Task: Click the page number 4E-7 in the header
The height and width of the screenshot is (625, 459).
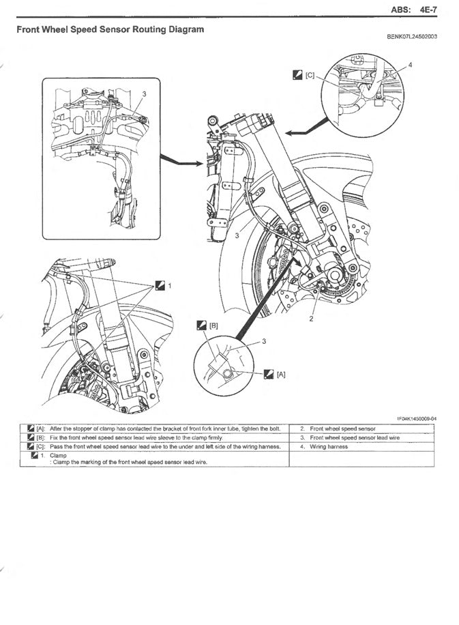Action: tap(428, 10)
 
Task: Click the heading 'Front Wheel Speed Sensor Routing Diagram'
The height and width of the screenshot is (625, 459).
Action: tap(110, 29)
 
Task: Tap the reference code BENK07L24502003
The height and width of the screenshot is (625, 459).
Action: tap(412, 37)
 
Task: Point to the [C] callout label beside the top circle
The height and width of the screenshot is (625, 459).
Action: tap(310, 75)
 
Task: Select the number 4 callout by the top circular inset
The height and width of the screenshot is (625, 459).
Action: tap(411, 65)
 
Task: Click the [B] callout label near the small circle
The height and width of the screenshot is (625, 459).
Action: tap(213, 325)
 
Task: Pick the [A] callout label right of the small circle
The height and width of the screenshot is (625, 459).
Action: tap(281, 375)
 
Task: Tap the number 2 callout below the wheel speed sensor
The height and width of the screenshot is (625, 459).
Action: tap(311, 319)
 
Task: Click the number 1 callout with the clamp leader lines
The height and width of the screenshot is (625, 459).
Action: tap(169, 286)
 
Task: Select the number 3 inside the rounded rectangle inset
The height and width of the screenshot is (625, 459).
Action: tap(144, 94)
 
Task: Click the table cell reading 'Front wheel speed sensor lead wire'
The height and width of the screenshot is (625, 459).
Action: tap(355, 437)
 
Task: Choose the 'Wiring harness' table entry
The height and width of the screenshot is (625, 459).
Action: tap(329, 447)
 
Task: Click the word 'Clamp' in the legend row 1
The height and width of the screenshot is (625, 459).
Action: tap(58, 455)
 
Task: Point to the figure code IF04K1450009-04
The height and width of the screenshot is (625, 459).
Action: tap(417, 419)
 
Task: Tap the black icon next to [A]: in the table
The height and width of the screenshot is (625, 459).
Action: tap(31, 429)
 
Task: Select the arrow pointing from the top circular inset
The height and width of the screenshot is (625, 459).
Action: tap(308, 126)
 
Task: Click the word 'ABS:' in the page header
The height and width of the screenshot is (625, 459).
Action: tap(401, 10)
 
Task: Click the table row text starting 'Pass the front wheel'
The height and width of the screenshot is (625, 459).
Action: tap(165, 447)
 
